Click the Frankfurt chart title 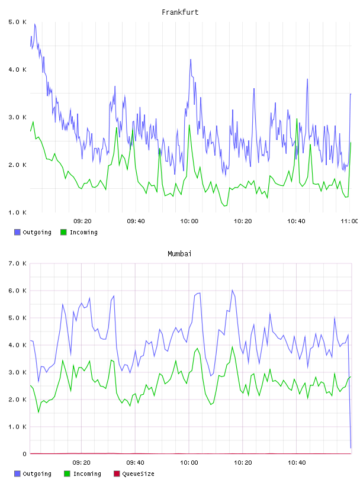(x=180, y=12)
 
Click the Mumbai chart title (x=179, y=254)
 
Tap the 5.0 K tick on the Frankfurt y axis (x=18, y=22)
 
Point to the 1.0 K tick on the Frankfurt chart (x=18, y=212)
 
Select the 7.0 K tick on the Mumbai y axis (x=18, y=263)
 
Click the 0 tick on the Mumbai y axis (x=25, y=454)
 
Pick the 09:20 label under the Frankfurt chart (x=82, y=221)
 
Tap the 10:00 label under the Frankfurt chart (x=189, y=221)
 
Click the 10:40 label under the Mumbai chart (x=297, y=463)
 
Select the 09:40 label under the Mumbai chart (x=136, y=463)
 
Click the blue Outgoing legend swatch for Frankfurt (x=17, y=232)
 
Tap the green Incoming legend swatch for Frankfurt (x=63, y=232)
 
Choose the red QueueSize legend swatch (x=117, y=474)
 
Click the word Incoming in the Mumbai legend (x=87, y=474)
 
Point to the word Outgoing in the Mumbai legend (x=37, y=474)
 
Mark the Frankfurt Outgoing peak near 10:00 (x=191, y=59)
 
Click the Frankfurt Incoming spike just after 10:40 (x=297, y=119)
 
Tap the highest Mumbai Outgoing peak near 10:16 (x=232, y=290)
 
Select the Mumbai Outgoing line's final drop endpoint (x=351, y=447)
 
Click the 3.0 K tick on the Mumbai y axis (x=18, y=372)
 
